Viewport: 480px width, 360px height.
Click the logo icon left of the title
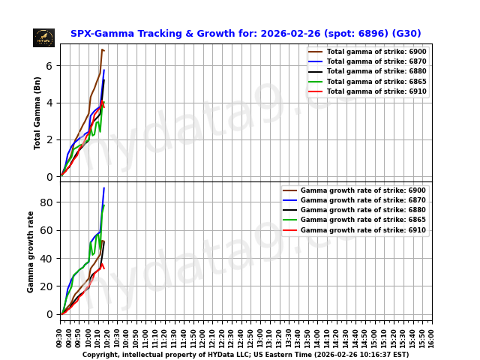(x=43, y=37)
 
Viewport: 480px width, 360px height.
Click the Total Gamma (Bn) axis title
(x=37, y=112)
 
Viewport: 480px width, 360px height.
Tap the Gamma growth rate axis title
(x=31, y=251)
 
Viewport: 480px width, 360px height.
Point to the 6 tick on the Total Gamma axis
(x=49, y=66)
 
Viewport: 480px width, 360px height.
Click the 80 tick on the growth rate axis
(x=46, y=202)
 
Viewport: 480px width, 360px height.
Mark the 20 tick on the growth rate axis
(x=46, y=286)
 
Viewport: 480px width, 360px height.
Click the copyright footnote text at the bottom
(x=245, y=355)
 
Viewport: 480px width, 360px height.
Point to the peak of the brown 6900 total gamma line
(x=102, y=49)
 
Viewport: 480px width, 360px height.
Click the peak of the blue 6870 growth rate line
(x=104, y=187)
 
